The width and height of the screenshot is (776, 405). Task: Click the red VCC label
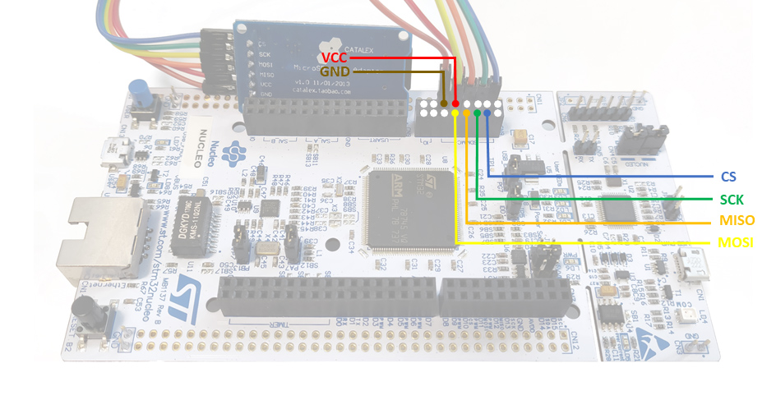[335, 58]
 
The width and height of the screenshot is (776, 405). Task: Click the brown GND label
[335, 72]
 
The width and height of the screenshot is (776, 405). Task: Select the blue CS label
[727, 177]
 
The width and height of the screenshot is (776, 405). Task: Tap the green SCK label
[731, 200]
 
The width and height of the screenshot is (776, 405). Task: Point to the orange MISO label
[735, 222]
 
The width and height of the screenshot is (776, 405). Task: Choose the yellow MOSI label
[735, 243]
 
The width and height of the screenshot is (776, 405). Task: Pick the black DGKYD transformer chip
[192, 217]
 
